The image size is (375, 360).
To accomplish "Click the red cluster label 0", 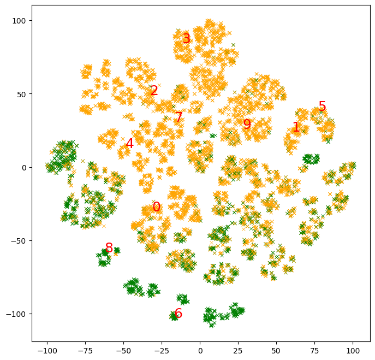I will click(x=157, y=208).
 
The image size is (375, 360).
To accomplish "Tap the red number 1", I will click(x=296, y=127).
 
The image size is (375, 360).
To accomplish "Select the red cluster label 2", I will click(x=154, y=91).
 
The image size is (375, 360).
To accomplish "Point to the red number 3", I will click(x=186, y=39).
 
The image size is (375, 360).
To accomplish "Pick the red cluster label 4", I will click(x=129, y=144).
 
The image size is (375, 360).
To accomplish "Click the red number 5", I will click(x=322, y=107).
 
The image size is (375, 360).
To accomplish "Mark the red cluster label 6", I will click(x=178, y=314).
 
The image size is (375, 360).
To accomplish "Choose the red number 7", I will click(x=178, y=117).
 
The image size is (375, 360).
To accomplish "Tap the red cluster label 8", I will click(x=109, y=249).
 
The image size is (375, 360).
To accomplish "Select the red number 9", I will click(x=247, y=125).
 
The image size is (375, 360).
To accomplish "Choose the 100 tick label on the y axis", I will click(x=21, y=21).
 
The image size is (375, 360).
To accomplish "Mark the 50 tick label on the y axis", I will click(x=22, y=94).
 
